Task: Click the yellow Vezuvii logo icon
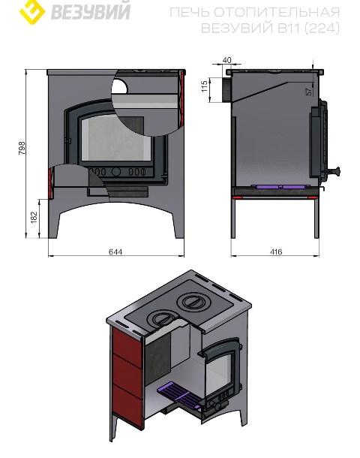tap(32, 11)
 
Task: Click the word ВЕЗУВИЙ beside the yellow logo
tap(91, 11)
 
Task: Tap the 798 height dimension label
tap(22, 148)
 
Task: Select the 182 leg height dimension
tap(34, 217)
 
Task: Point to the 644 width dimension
tap(115, 252)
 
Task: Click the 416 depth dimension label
tap(276, 252)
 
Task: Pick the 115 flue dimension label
tap(205, 86)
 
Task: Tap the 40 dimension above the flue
tap(226, 60)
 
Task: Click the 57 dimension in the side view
tap(309, 92)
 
